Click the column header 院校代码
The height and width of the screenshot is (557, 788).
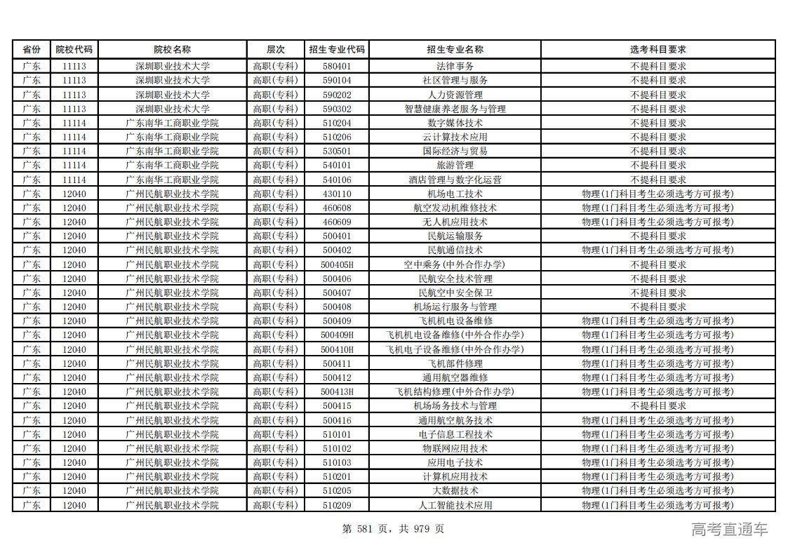[x=74, y=50]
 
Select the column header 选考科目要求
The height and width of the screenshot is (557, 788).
[x=657, y=50]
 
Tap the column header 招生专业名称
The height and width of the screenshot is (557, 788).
[x=455, y=50]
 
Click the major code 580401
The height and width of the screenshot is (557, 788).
[x=337, y=66]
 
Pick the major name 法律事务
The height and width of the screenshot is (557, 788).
[x=455, y=66]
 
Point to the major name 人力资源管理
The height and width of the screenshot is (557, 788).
[x=455, y=95]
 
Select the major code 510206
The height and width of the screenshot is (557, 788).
[x=337, y=137]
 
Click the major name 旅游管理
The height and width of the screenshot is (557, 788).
[x=455, y=165]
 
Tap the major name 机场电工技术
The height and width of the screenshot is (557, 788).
[x=455, y=194]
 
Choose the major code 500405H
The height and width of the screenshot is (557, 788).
[x=337, y=264]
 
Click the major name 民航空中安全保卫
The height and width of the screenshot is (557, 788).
[x=455, y=293]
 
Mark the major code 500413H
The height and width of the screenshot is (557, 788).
[x=337, y=391]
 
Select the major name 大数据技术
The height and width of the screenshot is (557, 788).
[x=455, y=490]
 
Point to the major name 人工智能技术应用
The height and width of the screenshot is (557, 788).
[x=455, y=505]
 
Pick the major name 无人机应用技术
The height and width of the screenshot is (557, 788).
[x=455, y=222]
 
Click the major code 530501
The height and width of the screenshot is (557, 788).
[x=337, y=151]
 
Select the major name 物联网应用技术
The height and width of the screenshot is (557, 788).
[x=455, y=448]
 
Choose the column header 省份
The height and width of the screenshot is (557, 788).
[x=32, y=50]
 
